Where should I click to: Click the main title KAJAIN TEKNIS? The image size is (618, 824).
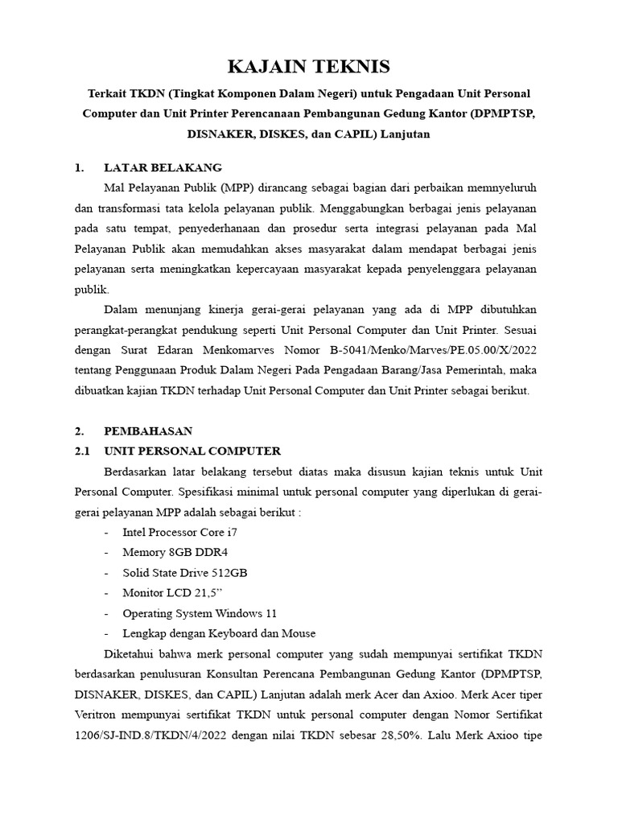pyautogui.click(x=308, y=66)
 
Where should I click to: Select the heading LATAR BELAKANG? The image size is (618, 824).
pyautogui.click(x=163, y=168)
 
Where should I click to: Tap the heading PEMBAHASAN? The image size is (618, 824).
pyautogui.click(x=148, y=431)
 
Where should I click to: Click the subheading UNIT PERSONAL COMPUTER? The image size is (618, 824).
pyautogui.click(x=192, y=451)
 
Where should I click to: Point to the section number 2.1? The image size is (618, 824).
pyautogui.click(x=83, y=451)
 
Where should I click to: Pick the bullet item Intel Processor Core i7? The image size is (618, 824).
pyautogui.click(x=179, y=532)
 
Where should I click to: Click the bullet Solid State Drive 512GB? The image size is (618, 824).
pyautogui.click(x=184, y=572)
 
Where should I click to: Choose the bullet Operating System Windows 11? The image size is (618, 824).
pyautogui.click(x=199, y=612)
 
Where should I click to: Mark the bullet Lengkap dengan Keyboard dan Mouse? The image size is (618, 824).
pyautogui.click(x=219, y=633)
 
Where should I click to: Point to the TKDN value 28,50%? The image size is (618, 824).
pyautogui.click(x=410, y=734)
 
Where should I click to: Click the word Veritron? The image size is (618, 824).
pyautogui.click(x=101, y=714)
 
